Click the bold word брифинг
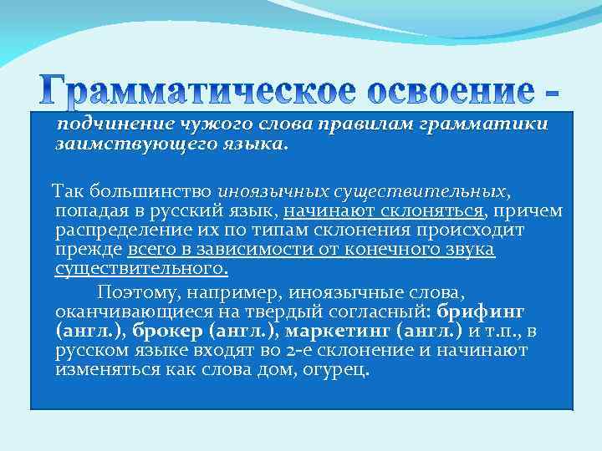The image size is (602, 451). (x=481, y=310)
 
